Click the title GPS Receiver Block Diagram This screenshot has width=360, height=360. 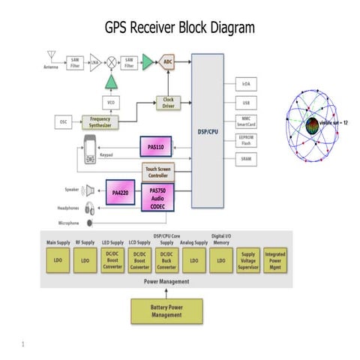click(x=180, y=28)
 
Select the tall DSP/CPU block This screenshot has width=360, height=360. click(x=207, y=130)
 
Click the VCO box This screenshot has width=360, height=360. click(x=111, y=102)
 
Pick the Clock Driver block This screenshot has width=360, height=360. click(x=168, y=102)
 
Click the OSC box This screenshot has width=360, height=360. click(x=64, y=122)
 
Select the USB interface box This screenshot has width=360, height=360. click(x=246, y=102)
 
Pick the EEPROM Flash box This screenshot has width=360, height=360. click(x=246, y=142)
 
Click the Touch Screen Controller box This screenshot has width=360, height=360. click(x=162, y=172)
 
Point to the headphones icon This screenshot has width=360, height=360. click(x=89, y=208)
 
